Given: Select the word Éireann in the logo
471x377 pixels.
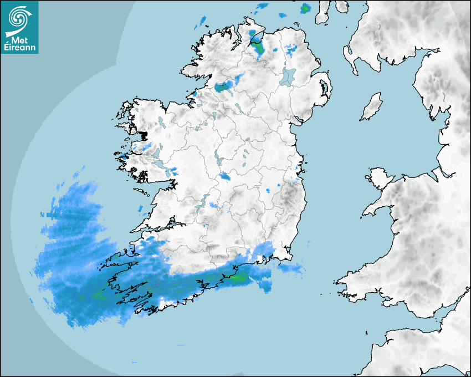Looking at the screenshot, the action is click(x=21, y=48).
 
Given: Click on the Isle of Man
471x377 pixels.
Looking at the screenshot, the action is click(x=372, y=107).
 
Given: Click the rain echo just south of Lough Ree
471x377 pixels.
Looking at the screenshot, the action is click(x=225, y=176).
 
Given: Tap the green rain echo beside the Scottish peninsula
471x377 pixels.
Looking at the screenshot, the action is click(x=305, y=9).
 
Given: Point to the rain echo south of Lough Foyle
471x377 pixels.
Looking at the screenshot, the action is click(x=257, y=47).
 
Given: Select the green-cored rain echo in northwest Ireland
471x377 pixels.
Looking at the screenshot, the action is click(x=223, y=86).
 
